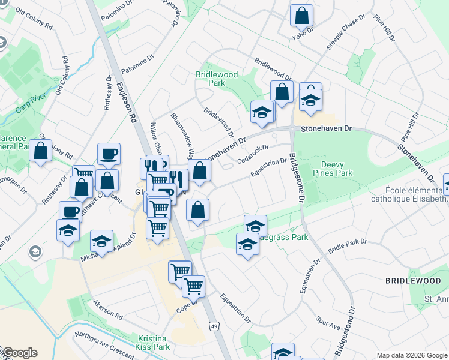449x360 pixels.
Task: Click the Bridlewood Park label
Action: pos(217,79)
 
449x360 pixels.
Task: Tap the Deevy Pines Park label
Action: pos(336,169)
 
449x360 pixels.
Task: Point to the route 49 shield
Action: pos(213,326)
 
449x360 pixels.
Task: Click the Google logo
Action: pos(19,353)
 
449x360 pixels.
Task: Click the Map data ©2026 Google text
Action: pos(411,355)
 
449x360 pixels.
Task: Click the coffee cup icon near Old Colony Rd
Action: pos(109,154)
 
